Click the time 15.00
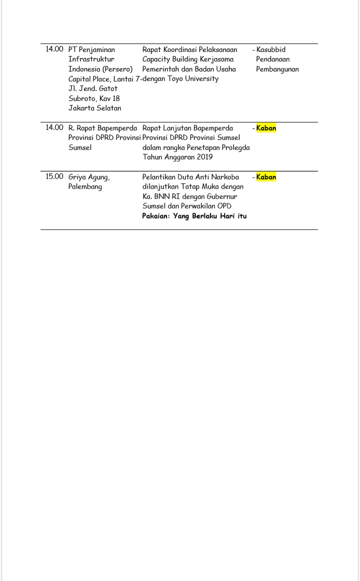click(x=54, y=176)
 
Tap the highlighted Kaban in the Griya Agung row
click(x=266, y=177)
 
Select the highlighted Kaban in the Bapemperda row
click(x=266, y=128)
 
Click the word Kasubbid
click(x=271, y=49)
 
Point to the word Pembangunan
click(x=277, y=69)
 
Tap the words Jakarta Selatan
click(x=94, y=108)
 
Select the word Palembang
click(x=85, y=186)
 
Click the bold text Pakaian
click(x=156, y=216)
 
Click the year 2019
click(x=203, y=157)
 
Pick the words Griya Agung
click(x=89, y=177)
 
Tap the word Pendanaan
click(x=272, y=59)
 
